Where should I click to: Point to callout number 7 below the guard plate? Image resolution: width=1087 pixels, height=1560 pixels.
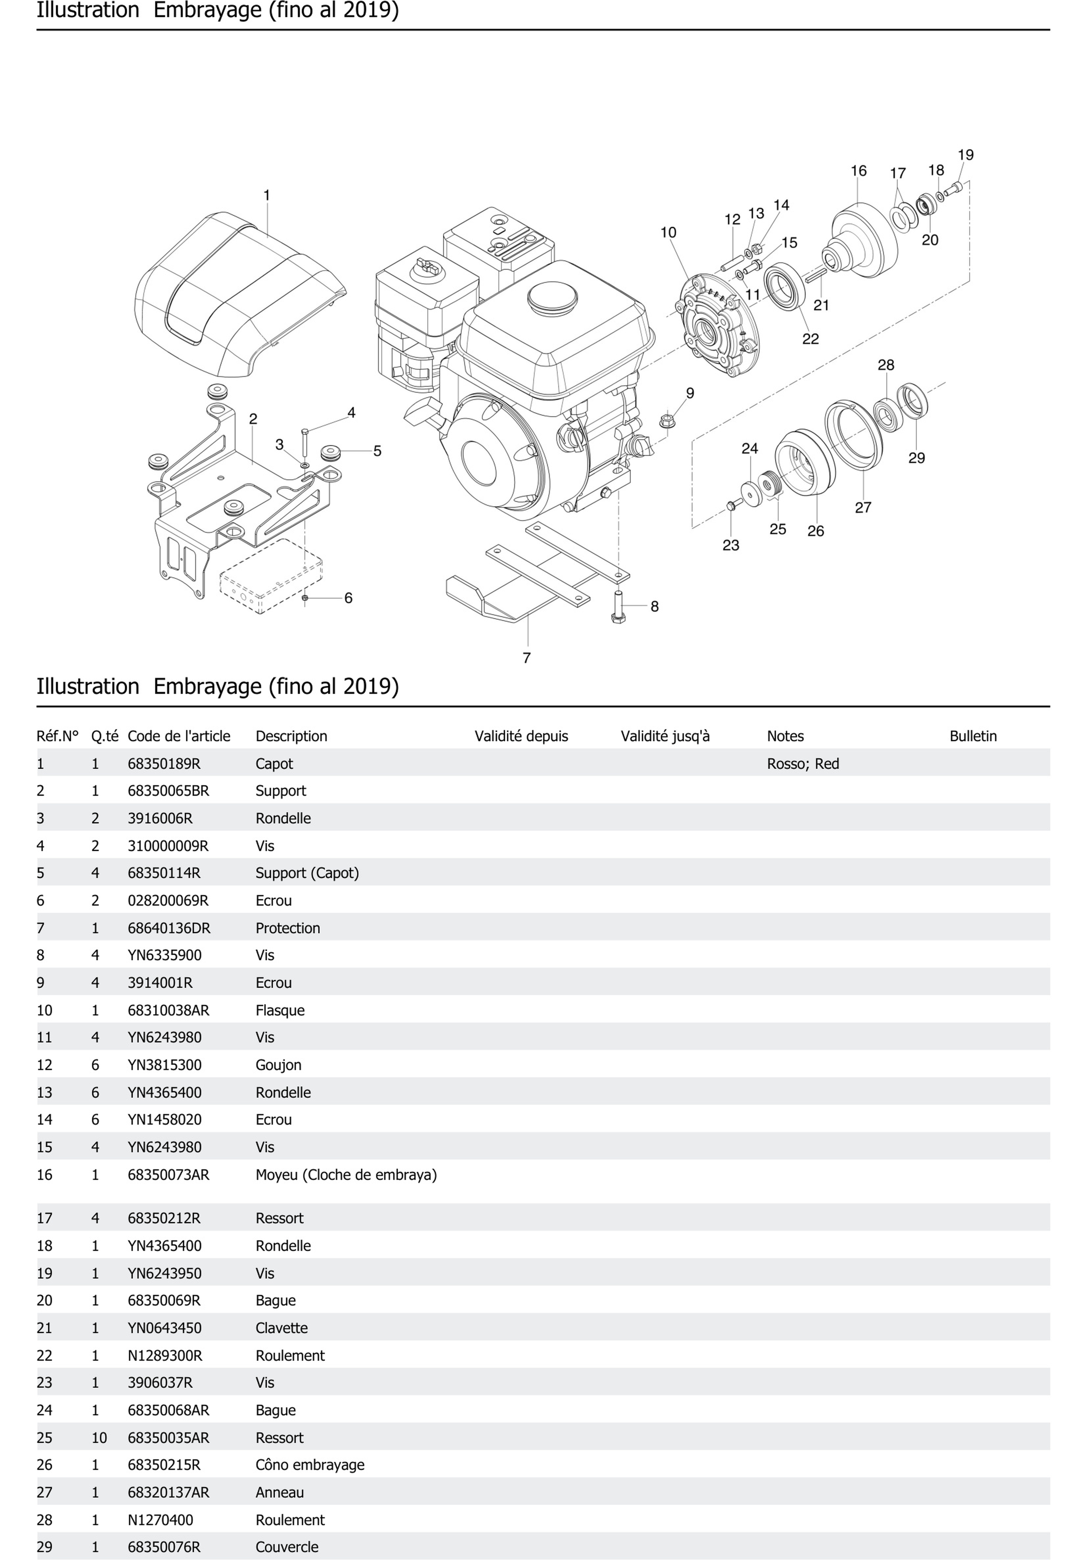526,658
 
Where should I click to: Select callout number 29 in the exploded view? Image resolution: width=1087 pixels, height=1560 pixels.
916,458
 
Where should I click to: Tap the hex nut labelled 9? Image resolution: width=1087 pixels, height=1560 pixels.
667,421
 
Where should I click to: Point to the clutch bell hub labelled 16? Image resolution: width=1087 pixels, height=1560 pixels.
863,238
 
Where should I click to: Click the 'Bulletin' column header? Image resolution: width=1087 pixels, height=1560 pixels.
973,736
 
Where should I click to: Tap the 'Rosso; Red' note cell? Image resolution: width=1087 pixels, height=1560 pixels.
803,764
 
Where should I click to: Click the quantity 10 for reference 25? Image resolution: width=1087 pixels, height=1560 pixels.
99,1438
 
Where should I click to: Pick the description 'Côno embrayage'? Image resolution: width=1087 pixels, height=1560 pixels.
310,1465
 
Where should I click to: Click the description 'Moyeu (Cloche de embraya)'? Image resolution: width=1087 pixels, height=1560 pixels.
346,1175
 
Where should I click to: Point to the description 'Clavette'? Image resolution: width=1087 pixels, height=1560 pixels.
281,1328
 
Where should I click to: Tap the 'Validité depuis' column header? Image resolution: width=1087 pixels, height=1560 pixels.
521,736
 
